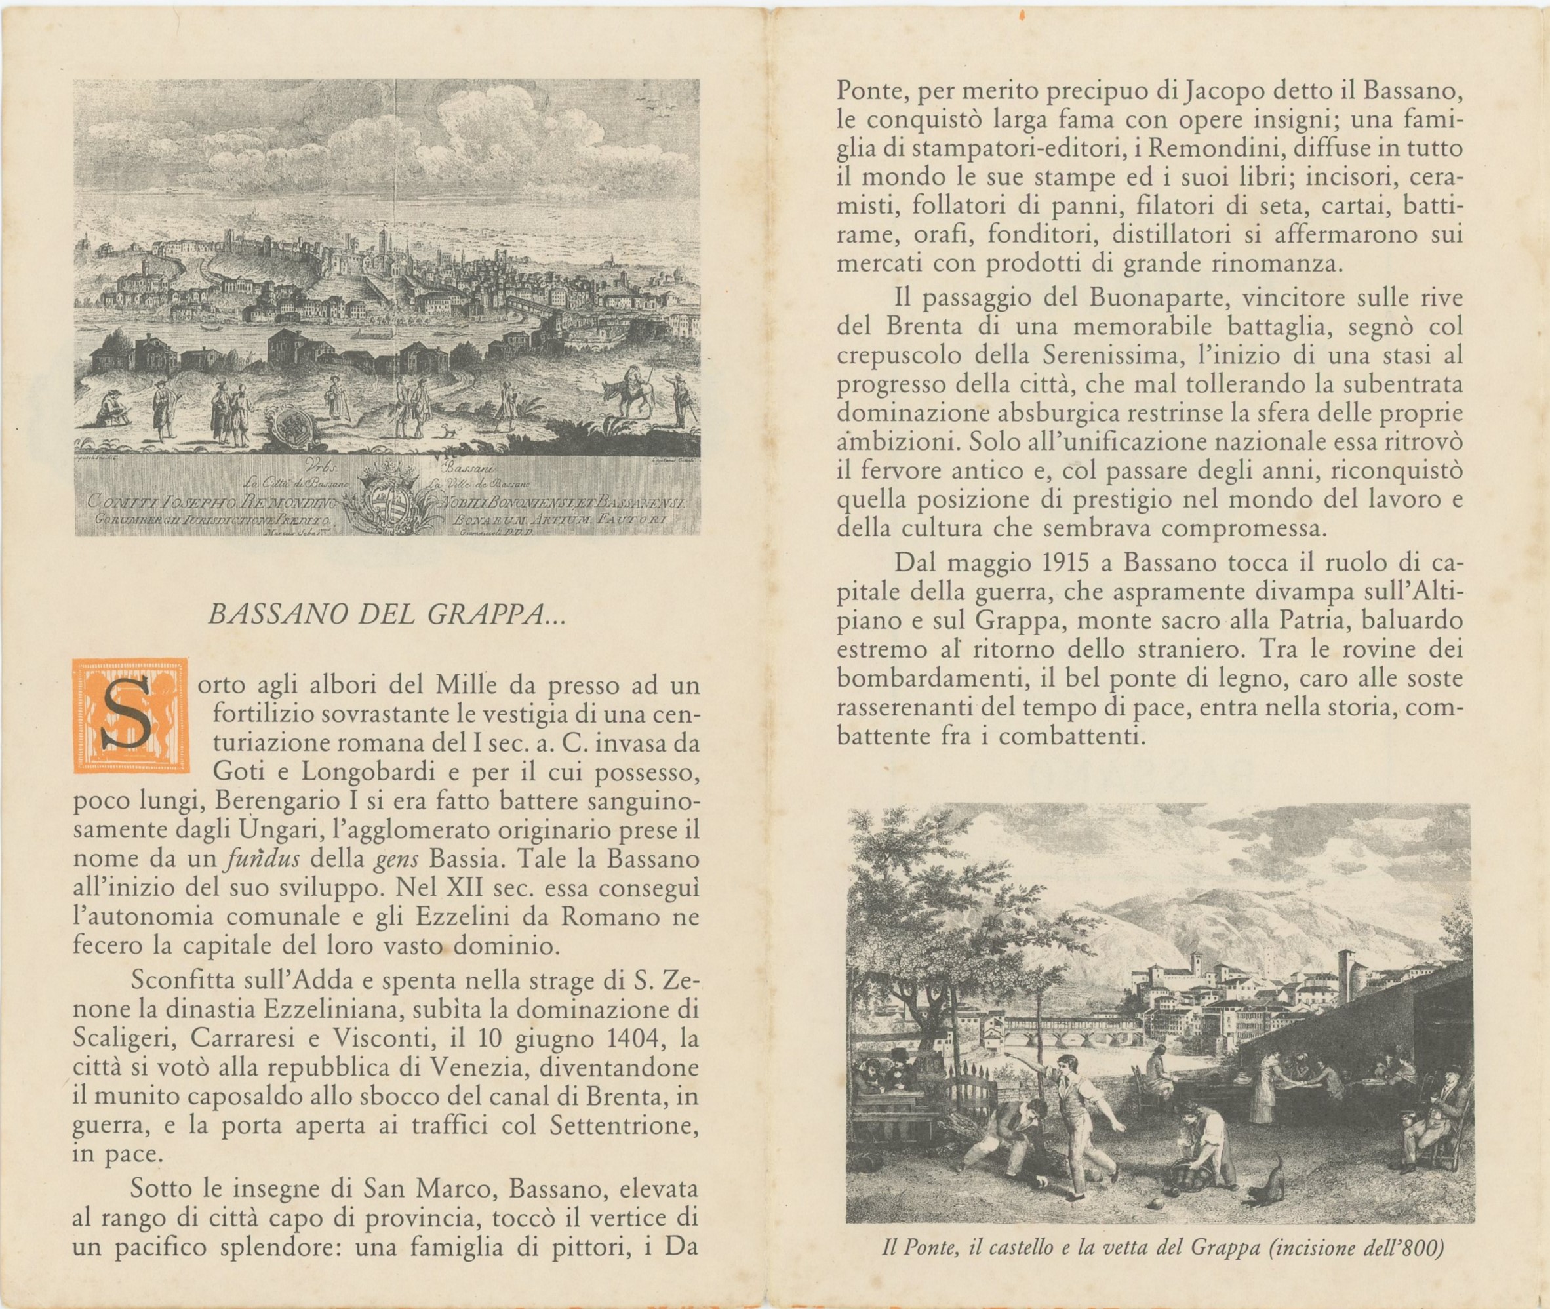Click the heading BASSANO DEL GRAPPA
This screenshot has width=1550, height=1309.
coord(387,615)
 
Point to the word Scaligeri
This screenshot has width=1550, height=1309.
coord(118,1037)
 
